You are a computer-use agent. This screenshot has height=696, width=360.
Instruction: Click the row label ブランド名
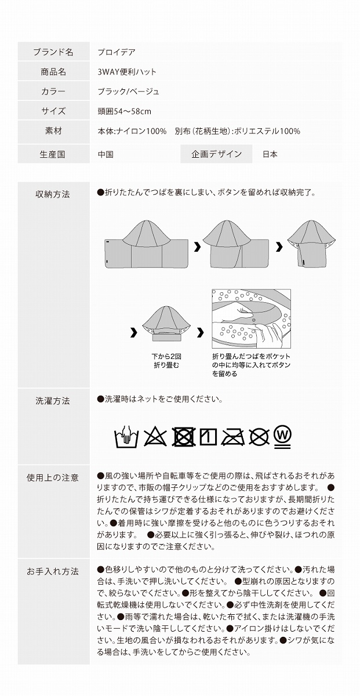point(53,52)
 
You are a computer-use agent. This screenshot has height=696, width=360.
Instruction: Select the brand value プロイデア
point(117,52)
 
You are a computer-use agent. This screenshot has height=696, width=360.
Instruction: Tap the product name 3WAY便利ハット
point(127,72)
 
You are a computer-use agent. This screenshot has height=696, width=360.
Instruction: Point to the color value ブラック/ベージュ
point(128,92)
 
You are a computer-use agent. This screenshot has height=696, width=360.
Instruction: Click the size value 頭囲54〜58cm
point(124,111)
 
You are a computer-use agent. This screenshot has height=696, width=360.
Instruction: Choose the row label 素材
point(53,131)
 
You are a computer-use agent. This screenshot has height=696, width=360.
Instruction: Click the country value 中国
point(106,154)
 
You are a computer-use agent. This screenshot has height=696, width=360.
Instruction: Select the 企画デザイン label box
point(216,154)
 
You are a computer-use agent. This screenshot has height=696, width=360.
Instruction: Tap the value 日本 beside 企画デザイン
point(270,154)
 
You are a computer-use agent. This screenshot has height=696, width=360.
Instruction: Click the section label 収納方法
point(53,194)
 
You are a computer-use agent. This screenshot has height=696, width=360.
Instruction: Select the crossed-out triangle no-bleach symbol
point(155,436)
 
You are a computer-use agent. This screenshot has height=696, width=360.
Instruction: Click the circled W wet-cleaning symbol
point(282,436)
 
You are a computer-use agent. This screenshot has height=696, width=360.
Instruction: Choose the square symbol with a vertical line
point(208,436)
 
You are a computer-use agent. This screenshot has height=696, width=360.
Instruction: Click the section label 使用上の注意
point(53,478)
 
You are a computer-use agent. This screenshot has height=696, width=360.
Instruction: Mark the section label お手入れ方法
point(53,571)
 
